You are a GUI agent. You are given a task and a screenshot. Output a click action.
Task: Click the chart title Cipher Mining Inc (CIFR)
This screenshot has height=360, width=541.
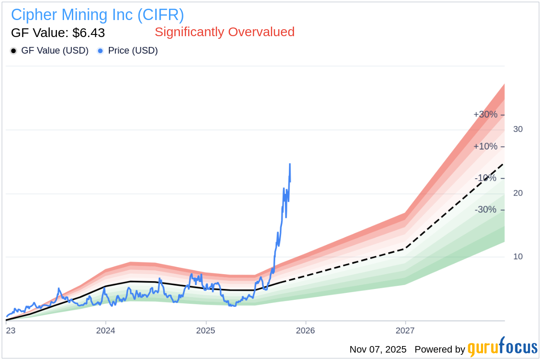coord(98,15)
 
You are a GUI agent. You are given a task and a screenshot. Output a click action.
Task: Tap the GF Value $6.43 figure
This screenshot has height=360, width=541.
coord(58,33)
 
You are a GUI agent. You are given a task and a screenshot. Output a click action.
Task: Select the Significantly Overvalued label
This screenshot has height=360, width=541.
coord(224,32)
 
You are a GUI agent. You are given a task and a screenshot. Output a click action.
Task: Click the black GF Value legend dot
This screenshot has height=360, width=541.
coord(14,51)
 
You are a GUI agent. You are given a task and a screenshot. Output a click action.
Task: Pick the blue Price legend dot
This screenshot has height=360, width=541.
coord(100,51)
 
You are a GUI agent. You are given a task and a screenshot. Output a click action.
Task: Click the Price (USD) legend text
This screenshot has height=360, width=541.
coord(133,51)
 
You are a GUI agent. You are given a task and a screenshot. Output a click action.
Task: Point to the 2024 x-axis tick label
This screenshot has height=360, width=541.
coord(105,330)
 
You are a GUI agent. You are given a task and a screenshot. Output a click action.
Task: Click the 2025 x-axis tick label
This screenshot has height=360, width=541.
coord(206,330)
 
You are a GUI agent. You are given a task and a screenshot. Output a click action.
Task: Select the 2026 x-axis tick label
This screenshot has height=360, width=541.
coord(305,330)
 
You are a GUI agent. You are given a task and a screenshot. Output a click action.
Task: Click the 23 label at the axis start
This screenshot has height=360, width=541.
coord(10,330)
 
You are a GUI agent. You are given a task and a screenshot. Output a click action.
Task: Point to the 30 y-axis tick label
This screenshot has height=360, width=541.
coord(518,129)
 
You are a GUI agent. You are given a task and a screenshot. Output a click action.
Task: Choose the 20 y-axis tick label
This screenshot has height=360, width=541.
coord(518,193)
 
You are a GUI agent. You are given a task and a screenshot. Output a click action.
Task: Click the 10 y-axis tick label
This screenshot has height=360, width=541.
coord(518,256)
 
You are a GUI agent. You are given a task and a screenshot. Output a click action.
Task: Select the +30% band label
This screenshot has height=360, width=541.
coord(485,115)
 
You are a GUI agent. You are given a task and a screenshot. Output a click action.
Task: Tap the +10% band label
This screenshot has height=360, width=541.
coord(485,146)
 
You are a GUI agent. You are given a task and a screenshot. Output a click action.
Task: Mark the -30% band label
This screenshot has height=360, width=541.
coord(485,210)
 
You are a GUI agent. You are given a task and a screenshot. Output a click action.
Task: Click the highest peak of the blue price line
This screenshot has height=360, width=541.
coord(290,164)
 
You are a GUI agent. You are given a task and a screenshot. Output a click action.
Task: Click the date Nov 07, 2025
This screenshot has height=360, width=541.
coord(378,350)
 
